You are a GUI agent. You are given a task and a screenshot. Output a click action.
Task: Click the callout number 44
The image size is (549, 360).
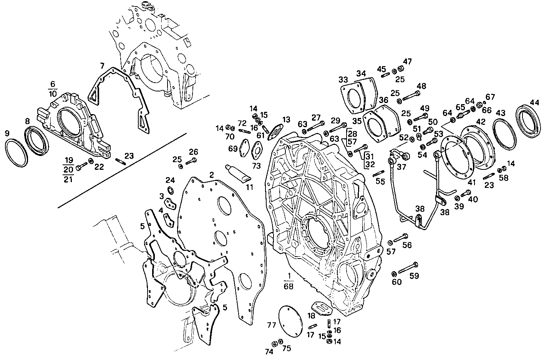[x=534, y=103]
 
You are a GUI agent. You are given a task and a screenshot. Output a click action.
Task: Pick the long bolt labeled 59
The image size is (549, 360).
[x=408, y=268]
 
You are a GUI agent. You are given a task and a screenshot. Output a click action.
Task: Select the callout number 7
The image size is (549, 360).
[x=102, y=65]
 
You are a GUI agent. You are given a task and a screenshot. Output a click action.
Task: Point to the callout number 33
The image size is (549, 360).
[x=343, y=80]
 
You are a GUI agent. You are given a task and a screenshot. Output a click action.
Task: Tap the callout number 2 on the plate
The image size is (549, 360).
[x=212, y=175]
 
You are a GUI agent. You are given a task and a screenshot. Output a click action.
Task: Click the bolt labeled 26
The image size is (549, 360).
[x=191, y=161]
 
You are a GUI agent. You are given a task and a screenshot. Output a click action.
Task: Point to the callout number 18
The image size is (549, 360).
[x=311, y=315]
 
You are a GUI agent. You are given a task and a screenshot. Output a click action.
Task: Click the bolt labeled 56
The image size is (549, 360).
[x=401, y=238]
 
